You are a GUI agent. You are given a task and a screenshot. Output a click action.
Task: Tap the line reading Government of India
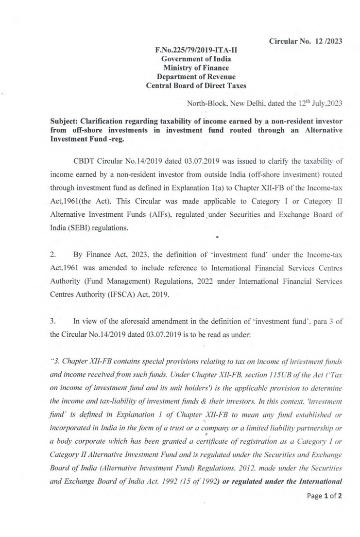196,59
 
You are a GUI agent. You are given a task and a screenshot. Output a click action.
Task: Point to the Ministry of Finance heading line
196,68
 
